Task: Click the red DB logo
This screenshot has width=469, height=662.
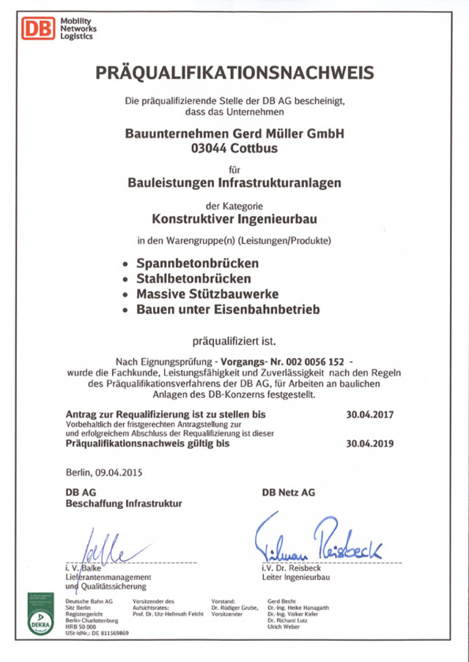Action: click(36, 29)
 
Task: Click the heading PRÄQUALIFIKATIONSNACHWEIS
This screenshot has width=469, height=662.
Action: click(234, 72)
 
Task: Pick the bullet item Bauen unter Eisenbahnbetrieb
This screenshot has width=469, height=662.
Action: click(228, 310)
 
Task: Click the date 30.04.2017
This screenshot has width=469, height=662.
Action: click(370, 414)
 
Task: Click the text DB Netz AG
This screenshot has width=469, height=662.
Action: click(288, 493)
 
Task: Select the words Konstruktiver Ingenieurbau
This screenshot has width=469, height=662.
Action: click(234, 217)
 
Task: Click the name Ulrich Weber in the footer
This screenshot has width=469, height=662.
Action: click(286, 626)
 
